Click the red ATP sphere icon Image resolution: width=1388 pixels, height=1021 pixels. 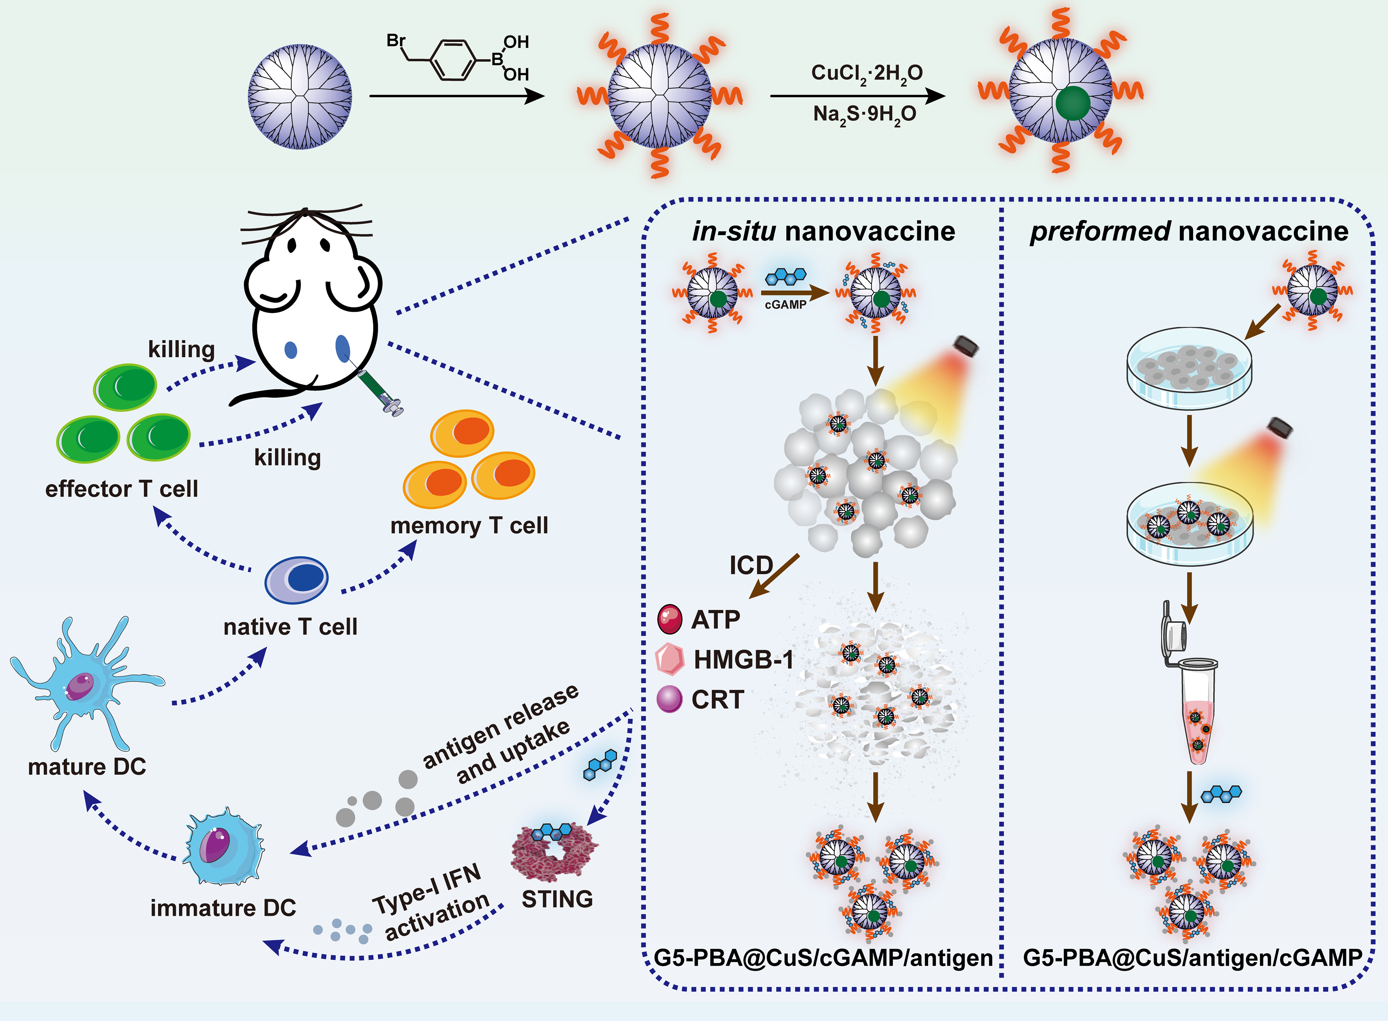(670, 619)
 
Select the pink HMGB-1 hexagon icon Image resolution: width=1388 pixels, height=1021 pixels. (670, 659)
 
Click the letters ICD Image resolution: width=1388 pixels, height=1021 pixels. (750, 565)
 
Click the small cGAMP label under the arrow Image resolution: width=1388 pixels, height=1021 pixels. (785, 305)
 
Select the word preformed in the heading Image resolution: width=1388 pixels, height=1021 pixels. (1099, 231)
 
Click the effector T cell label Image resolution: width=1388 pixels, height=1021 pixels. (122, 489)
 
